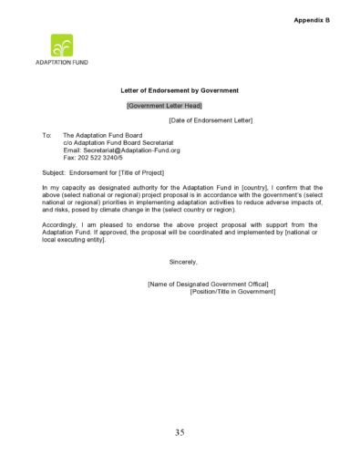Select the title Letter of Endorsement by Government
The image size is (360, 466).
click(x=180, y=90)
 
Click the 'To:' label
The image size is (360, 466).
click(x=47, y=135)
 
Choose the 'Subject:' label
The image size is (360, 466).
click(x=56, y=171)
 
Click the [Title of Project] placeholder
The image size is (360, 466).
click(x=147, y=171)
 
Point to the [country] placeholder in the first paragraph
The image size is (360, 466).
click(x=254, y=187)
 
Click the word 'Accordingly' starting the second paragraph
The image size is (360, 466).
click(x=61, y=224)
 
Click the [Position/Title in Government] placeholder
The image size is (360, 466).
click(x=232, y=292)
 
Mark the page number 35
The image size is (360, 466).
click(x=180, y=431)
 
